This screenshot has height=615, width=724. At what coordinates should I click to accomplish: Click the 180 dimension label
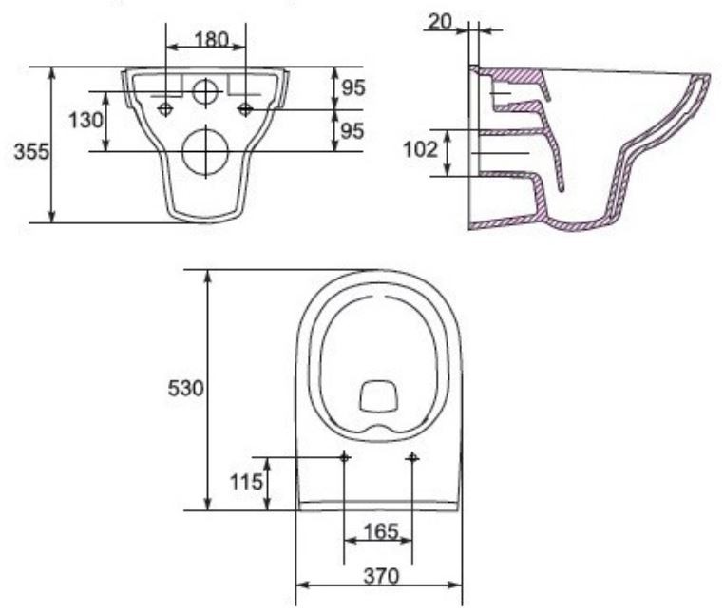(212, 39)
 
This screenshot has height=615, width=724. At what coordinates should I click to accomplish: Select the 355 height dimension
(31, 151)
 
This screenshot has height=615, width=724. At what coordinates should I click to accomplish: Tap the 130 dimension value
(86, 121)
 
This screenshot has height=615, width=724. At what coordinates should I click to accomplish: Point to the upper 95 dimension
(353, 87)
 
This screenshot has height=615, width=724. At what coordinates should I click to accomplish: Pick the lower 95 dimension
(352, 131)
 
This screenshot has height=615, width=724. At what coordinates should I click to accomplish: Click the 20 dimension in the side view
(440, 22)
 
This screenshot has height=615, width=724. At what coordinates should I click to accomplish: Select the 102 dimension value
(420, 149)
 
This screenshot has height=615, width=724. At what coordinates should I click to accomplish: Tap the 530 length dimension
(185, 388)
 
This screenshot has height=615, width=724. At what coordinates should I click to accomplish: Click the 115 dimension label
(246, 482)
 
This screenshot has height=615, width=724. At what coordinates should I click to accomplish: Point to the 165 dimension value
(380, 531)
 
